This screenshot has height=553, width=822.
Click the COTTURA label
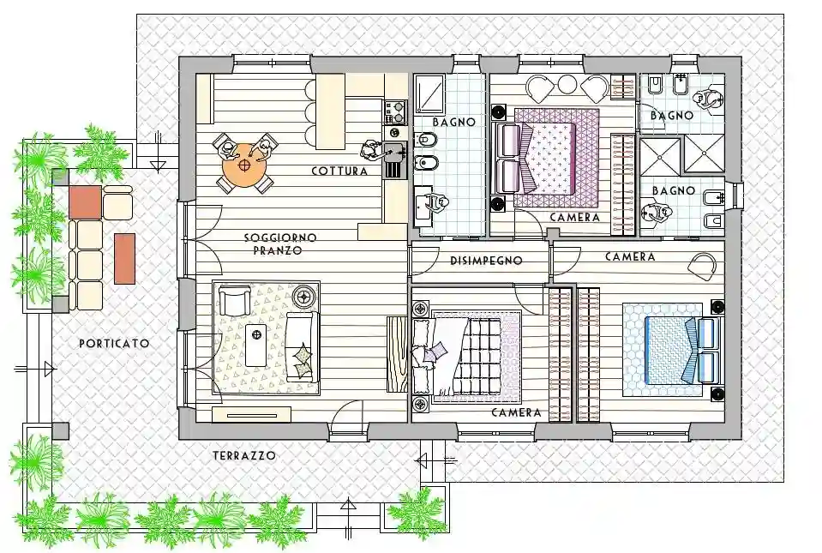pyautogui.click(x=339, y=171)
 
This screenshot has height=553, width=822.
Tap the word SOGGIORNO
pyautogui.click(x=280, y=238)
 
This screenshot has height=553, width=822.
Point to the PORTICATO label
pyautogui.click(x=114, y=344)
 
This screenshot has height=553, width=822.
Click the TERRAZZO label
pyautogui.click(x=244, y=457)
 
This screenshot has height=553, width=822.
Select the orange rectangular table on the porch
pyautogui.click(x=125, y=258)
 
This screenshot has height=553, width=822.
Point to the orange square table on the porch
pyautogui.click(x=85, y=201)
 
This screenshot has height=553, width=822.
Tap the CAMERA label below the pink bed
pyautogui.click(x=574, y=218)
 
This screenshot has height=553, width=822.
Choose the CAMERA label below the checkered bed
pyautogui.click(x=516, y=413)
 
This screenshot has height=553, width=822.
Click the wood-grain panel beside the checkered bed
pyautogui.click(x=399, y=354)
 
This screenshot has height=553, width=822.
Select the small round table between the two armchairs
pyautogui.click(x=567, y=84)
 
